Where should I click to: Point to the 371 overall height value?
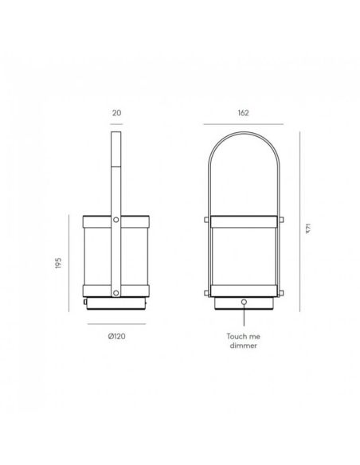(x=306, y=229)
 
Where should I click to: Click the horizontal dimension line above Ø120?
(x=115, y=324)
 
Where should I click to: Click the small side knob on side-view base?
(x=83, y=303)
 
